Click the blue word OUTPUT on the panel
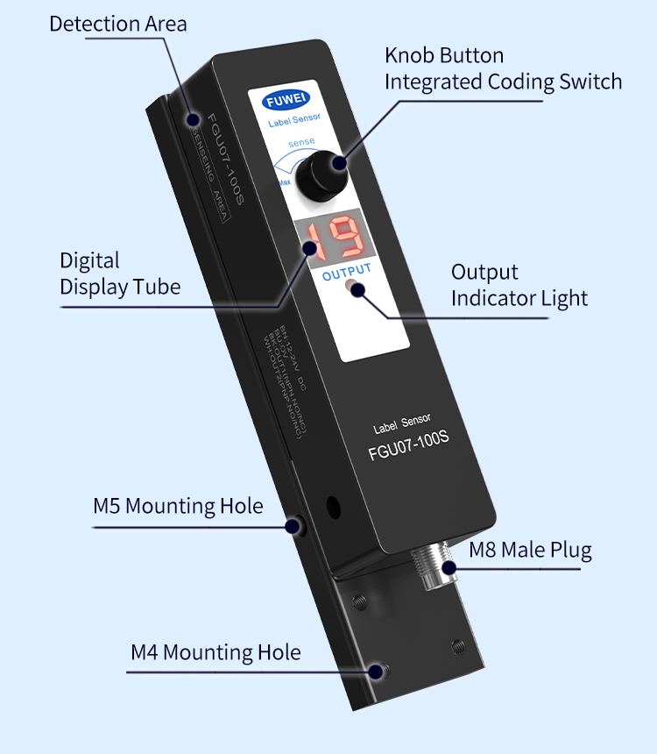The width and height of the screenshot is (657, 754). (347, 270)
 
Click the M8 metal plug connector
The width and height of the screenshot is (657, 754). (434, 566)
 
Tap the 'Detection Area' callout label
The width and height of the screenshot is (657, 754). (117, 24)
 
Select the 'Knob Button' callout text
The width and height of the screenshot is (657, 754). (444, 56)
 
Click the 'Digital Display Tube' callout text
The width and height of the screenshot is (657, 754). (120, 274)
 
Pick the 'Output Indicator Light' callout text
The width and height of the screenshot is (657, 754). (519, 285)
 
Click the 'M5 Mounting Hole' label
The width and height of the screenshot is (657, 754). (178, 506)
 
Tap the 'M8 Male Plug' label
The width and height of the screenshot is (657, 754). (530, 551)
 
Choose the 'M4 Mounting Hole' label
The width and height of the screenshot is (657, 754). (215, 652)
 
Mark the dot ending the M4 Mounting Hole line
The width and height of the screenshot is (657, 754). (378, 672)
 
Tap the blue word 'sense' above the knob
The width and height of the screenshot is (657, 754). (301, 142)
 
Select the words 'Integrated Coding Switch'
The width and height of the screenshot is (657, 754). (504, 82)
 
